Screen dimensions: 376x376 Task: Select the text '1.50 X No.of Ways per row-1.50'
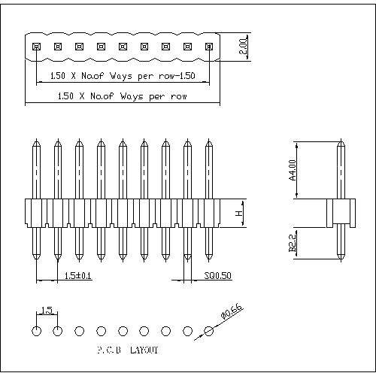[x=122, y=76]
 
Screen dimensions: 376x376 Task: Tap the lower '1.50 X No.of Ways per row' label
[x=122, y=96]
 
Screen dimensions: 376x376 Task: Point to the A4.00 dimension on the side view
[x=292, y=170]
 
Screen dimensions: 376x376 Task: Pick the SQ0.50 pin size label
[x=217, y=276]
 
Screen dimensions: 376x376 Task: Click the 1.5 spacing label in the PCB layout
[x=46, y=311]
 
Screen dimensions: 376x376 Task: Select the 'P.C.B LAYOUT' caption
[x=127, y=350]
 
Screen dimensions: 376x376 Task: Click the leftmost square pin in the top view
[x=36, y=47]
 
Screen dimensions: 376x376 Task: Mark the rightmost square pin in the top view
[x=209, y=47]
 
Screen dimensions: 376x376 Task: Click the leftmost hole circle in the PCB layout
[x=36, y=330]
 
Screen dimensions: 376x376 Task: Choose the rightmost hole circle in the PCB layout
[x=209, y=330]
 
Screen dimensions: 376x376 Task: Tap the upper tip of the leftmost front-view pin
[x=36, y=141]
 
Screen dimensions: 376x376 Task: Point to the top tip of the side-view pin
[x=340, y=141]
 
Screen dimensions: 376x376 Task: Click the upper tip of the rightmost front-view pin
[x=209, y=141]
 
